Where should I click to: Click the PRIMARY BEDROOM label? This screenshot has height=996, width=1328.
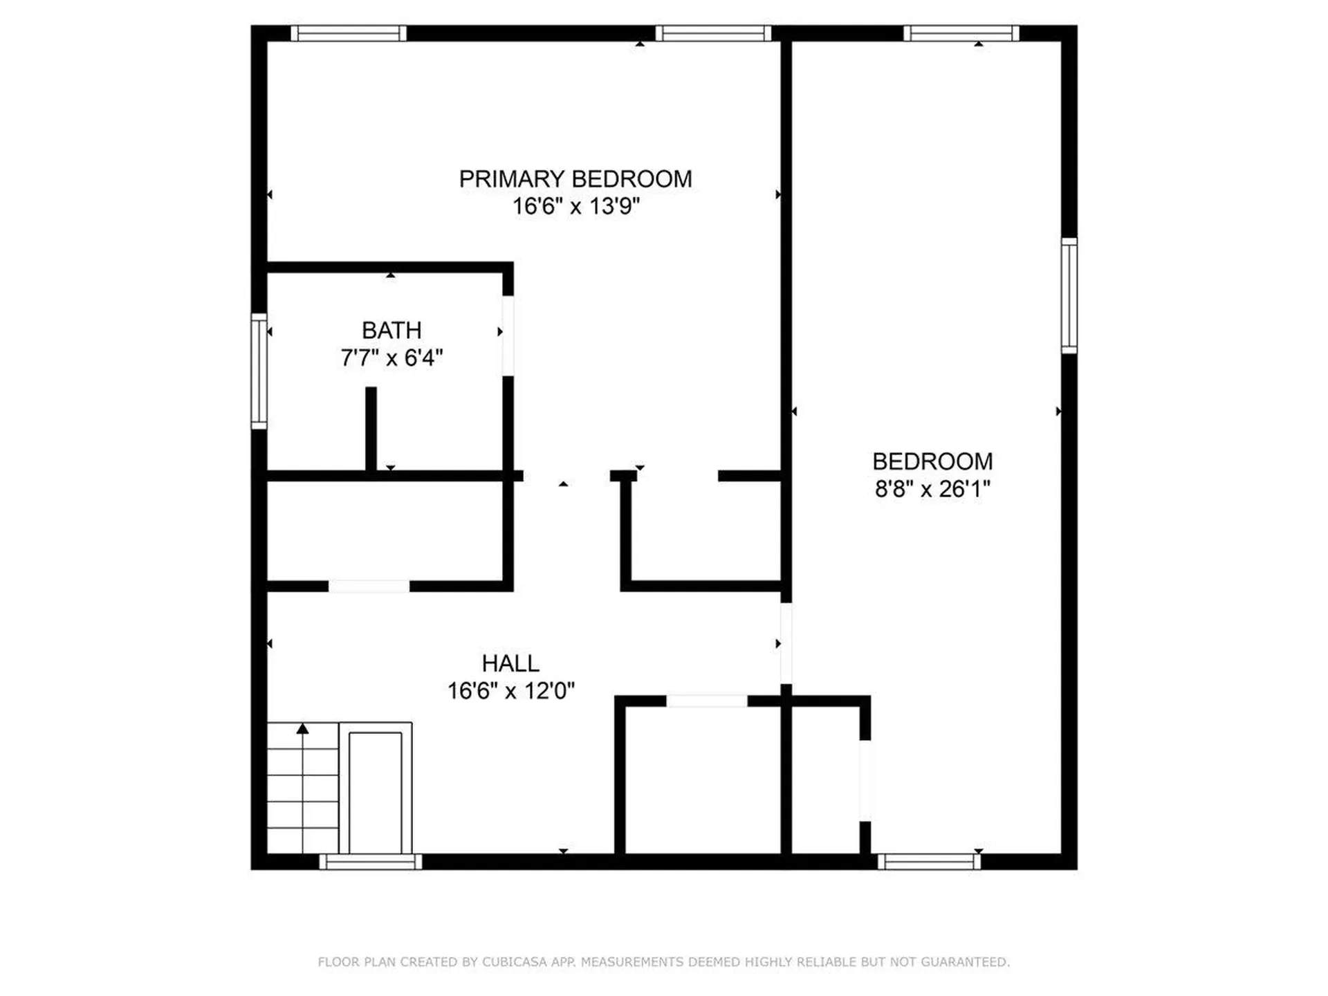point(575,179)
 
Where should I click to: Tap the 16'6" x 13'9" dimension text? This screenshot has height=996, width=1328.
point(576,206)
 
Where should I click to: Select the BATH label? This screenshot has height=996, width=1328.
point(391,331)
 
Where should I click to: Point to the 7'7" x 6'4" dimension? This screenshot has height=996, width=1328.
point(391,358)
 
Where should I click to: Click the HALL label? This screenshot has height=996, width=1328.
point(510,663)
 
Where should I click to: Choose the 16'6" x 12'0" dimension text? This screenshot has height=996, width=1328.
point(511,690)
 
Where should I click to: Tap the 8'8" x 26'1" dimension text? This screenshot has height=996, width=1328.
point(932,489)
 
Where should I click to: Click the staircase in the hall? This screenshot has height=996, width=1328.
point(303,788)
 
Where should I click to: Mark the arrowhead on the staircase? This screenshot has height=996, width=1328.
point(303,728)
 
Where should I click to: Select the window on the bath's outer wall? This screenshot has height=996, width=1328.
point(259,371)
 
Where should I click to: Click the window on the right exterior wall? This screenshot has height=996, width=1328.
point(1069,295)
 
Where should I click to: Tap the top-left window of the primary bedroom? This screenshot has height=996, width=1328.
point(349,33)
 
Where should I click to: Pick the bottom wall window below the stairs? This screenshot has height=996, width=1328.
point(371,862)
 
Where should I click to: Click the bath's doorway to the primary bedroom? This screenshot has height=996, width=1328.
point(508,336)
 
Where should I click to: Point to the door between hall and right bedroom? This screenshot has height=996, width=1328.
point(786,643)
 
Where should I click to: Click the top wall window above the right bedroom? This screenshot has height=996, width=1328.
point(961,33)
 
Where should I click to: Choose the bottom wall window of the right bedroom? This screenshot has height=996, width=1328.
point(930,862)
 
